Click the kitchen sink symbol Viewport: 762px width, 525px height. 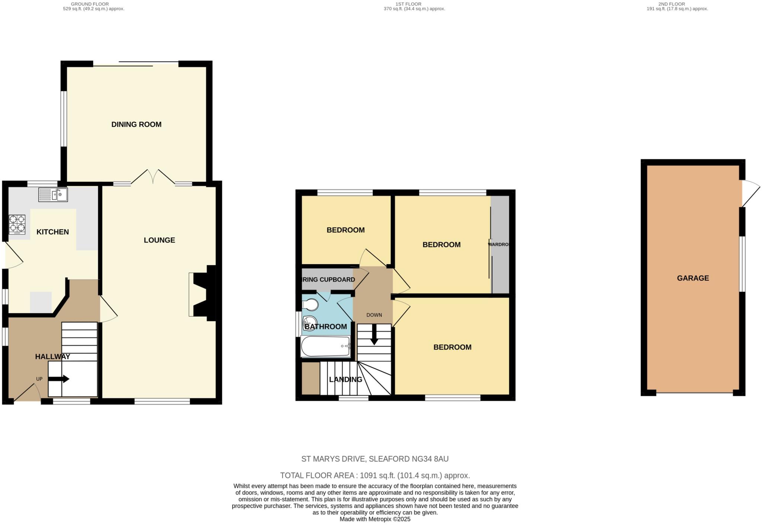click(53, 194)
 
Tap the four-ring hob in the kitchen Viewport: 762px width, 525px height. click(17, 224)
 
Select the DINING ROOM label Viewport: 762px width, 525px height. click(137, 124)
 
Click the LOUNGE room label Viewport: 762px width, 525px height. click(159, 240)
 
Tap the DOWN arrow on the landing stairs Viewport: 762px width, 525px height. click(374, 334)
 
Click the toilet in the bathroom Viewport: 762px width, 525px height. click(310, 305)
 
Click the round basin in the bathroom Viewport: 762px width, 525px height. click(309, 321)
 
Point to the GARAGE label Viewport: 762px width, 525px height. click(693, 278)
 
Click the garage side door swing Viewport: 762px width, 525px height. click(750, 193)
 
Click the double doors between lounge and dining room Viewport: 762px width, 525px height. click(153, 177)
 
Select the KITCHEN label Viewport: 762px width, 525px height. click(52, 232)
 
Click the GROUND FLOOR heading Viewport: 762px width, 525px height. click(90, 4)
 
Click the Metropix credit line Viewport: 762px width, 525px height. click(375, 519)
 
